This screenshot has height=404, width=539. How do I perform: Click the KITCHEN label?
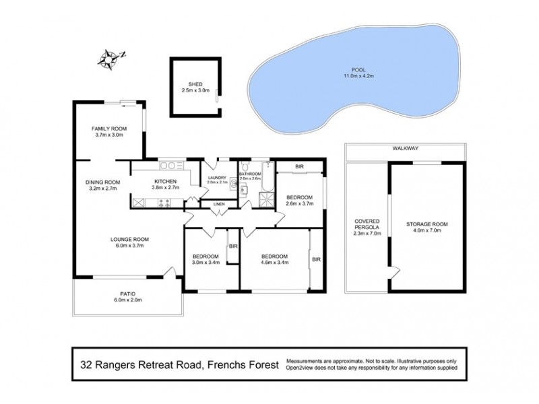[x=165, y=182]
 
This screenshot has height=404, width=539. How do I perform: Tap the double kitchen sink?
[x=168, y=166]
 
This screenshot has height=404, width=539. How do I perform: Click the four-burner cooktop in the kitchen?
[x=163, y=202]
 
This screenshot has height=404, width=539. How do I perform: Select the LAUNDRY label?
[x=218, y=178]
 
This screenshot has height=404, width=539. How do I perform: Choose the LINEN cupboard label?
[x=218, y=203]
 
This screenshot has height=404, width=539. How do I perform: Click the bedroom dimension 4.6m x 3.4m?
[x=275, y=264]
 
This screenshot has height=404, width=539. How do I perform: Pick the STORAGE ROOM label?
[x=426, y=224]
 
